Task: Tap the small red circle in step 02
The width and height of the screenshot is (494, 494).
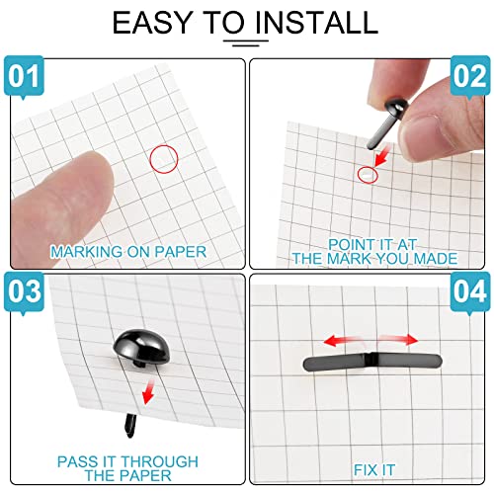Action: pyautogui.click(x=367, y=175)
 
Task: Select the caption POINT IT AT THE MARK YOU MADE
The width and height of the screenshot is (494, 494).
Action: pyautogui.click(x=374, y=252)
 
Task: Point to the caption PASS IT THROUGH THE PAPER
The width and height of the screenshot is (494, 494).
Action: pyautogui.click(x=127, y=468)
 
